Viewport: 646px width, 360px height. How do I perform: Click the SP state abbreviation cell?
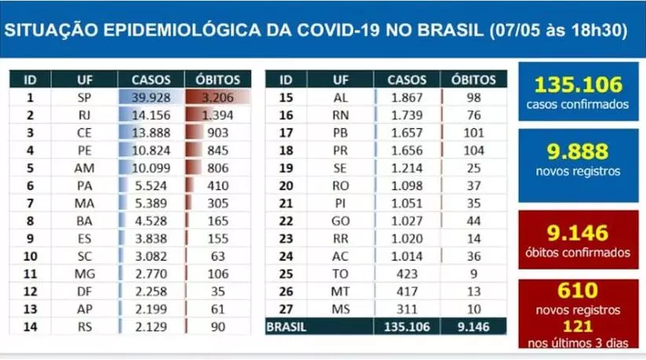point(84,97)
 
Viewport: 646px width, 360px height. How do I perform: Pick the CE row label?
point(84,132)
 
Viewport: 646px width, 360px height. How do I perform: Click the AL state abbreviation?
point(340,97)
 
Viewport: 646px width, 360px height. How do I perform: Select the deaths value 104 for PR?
point(473,149)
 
